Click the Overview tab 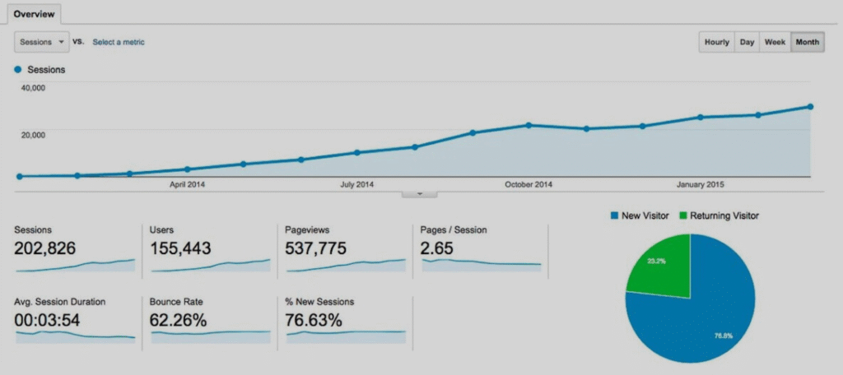(x=34, y=14)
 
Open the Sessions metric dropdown (x=40, y=42)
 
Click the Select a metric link (x=119, y=42)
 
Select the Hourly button (x=716, y=42)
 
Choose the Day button (x=747, y=42)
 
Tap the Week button (x=775, y=42)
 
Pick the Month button (x=808, y=42)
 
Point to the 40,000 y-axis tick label (x=34, y=87)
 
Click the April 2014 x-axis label (x=188, y=184)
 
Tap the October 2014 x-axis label (x=529, y=184)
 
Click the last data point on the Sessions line (x=811, y=107)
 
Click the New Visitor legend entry (x=638, y=215)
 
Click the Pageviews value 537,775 (x=315, y=248)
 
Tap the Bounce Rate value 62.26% (x=178, y=320)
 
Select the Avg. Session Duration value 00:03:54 (x=48, y=320)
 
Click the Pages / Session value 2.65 (x=437, y=248)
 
